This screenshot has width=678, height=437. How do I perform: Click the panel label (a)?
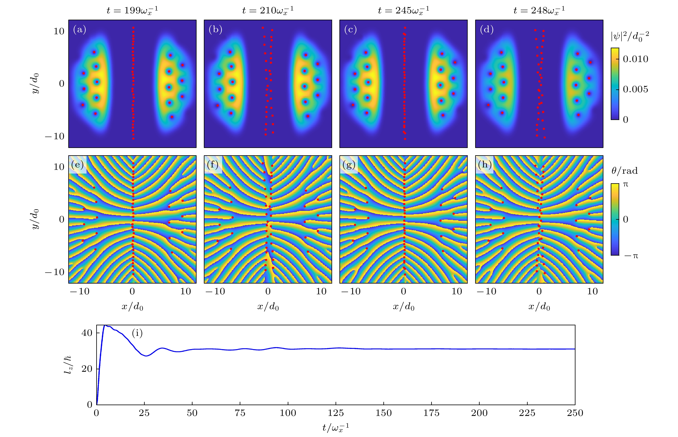(x=79, y=30)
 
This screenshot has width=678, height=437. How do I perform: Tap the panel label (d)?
(x=487, y=30)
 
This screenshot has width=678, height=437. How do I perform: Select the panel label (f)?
(x=213, y=165)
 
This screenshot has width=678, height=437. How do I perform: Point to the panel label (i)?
(x=137, y=333)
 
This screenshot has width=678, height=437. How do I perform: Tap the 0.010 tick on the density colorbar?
(x=635, y=59)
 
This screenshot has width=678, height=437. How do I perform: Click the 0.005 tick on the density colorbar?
(x=635, y=89)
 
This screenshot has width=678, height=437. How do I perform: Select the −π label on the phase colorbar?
(x=631, y=256)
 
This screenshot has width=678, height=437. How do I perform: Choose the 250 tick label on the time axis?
(x=575, y=413)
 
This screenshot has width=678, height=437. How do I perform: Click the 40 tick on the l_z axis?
(x=87, y=333)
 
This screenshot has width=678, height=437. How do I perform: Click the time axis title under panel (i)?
(x=336, y=427)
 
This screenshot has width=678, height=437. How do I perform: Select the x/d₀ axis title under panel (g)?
(x=403, y=307)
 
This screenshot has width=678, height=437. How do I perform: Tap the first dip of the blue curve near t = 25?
(x=146, y=356)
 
